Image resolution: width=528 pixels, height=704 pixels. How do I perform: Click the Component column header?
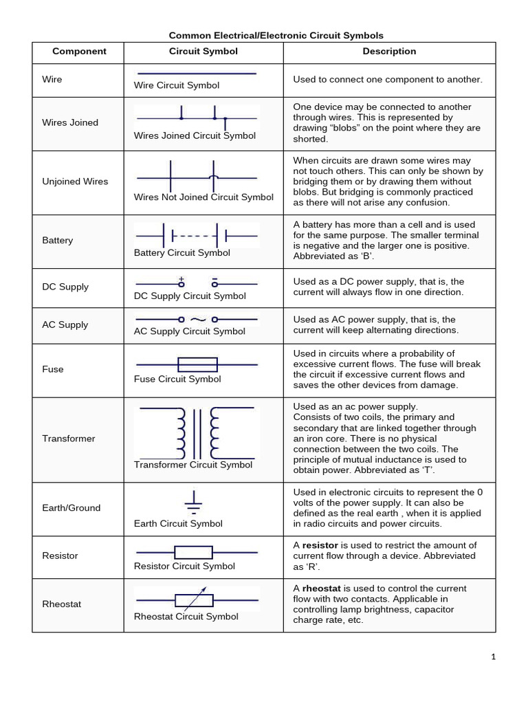pos(79,52)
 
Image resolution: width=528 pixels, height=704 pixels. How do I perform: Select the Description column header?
pos(389,52)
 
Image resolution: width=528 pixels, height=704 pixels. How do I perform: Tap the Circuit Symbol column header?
pos(203,52)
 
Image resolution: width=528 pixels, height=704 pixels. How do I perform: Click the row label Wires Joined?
pos(70,123)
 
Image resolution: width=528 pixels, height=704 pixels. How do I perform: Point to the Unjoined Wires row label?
pos(75,181)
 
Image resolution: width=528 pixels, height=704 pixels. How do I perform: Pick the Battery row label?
pos(57,241)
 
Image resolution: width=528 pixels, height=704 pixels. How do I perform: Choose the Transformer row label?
pos(69,439)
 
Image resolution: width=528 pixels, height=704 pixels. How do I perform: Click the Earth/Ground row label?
pos(71,508)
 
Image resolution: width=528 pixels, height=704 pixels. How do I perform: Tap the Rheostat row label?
pos(61,604)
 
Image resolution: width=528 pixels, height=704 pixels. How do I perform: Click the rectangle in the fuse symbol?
pos(197,364)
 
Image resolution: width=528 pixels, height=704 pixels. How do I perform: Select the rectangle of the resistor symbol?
pos(193,552)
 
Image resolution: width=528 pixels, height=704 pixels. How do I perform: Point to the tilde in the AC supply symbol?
pos(197,320)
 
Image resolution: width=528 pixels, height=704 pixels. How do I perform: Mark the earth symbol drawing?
pos(194,503)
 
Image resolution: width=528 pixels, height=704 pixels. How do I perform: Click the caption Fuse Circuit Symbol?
pos(177,379)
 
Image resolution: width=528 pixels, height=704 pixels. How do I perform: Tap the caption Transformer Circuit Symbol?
pos(193,465)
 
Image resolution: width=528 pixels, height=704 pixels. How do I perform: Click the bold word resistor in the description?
pos(320,545)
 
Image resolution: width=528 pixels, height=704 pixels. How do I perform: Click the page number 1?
pos(494,657)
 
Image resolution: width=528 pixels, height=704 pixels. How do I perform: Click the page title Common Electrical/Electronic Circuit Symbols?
pos(276,35)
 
